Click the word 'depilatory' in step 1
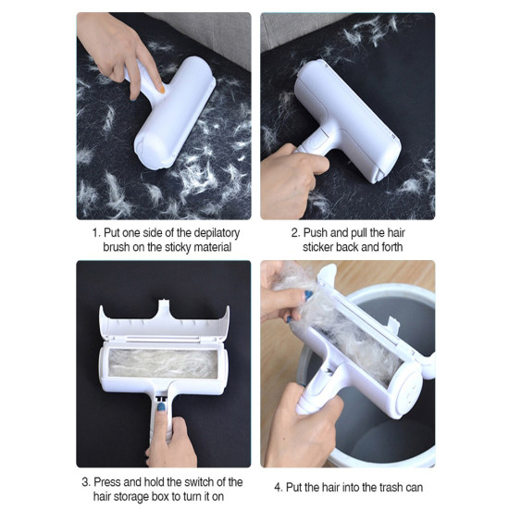(x=217, y=233)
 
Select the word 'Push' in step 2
(x=316, y=232)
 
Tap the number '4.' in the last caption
(x=279, y=487)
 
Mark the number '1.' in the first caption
(x=96, y=233)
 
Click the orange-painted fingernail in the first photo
(x=162, y=89)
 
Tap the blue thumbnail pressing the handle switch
(x=161, y=407)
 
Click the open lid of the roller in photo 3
(x=164, y=320)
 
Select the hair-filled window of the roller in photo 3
(x=163, y=364)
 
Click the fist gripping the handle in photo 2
(x=291, y=180)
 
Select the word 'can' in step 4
(x=413, y=488)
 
